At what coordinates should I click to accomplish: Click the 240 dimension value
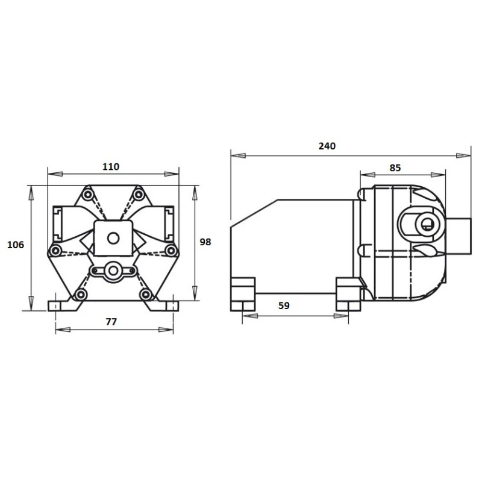click(327, 146)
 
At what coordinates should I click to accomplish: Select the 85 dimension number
click(395, 168)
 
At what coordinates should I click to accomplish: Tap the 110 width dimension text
click(111, 167)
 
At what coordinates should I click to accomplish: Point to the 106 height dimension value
click(16, 245)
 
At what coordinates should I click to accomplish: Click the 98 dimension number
click(205, 242)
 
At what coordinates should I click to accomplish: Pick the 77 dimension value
click(111, 322)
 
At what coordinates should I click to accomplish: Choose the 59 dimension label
click(284, 305)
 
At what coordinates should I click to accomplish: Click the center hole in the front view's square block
click(113, 238)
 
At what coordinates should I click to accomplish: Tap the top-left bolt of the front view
click(88, 195)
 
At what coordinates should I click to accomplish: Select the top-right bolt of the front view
click(139, 195)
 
